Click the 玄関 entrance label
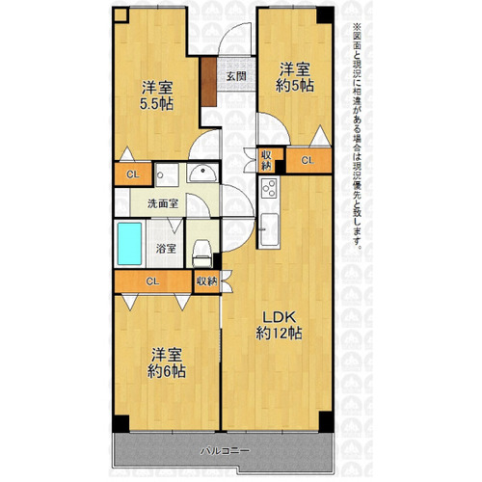[236, 76]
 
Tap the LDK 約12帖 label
[279, 326]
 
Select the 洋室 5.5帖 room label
[156, 95]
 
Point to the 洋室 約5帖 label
[295, 77]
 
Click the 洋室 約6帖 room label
[167, 363]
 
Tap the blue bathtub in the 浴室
[129, 244]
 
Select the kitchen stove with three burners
[269, 188]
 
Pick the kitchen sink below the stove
[269, 229]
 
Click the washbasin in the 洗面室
[202, 174]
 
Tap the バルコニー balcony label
[225, 451]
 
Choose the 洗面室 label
[163, 203]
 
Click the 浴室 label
[166, 249]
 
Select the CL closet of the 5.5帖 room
[133, 174]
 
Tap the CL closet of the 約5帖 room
[308, 160]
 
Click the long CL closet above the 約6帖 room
[153, 281]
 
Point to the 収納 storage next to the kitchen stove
[266, 160]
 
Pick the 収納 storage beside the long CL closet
[207, 281]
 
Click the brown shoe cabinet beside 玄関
[208, 82]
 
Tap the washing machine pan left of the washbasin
[167, 174]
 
